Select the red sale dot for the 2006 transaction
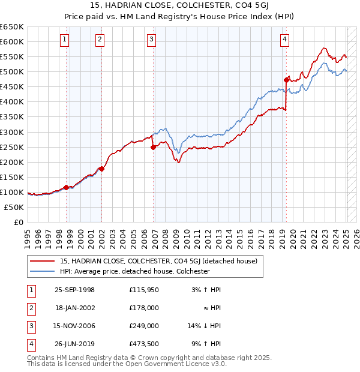click(153, 147)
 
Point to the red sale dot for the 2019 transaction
click(286, 79)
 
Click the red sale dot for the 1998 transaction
click(66, 187)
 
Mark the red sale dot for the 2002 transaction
click(101, 169)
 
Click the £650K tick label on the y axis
click(12, 27)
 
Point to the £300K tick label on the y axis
click(12, 132)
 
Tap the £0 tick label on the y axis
click(18, 222)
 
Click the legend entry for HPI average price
click(134, 271)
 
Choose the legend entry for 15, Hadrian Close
click(159, 261)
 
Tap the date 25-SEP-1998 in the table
click(74, 290)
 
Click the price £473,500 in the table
click(144, 344)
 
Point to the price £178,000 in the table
click(144, 308)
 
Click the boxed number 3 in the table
click(30, 326)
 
